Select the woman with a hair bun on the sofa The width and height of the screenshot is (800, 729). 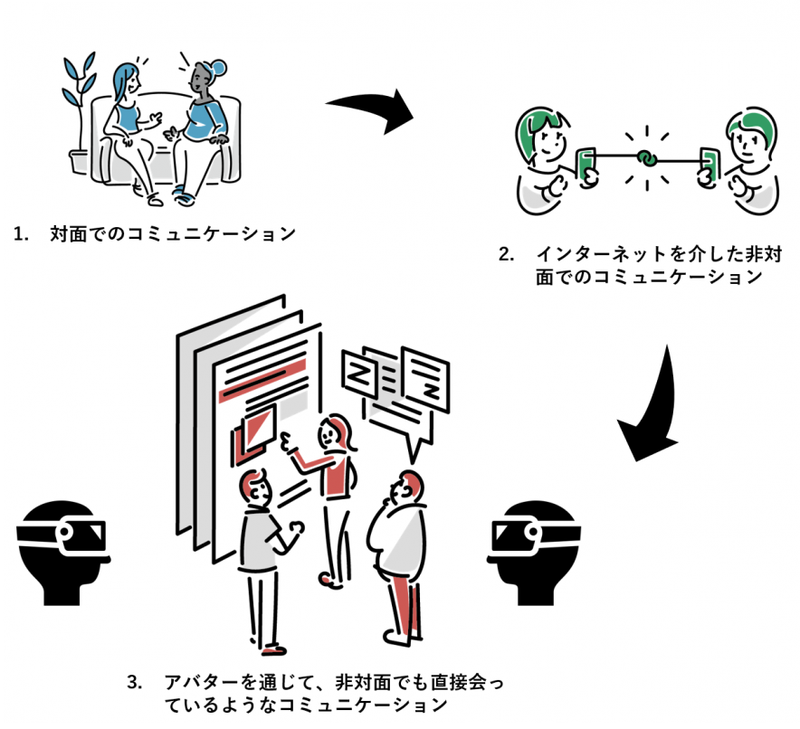201,122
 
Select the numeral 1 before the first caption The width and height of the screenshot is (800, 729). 21,234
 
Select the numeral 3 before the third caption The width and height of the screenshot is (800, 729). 134,681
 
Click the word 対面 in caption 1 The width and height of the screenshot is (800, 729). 68,234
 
